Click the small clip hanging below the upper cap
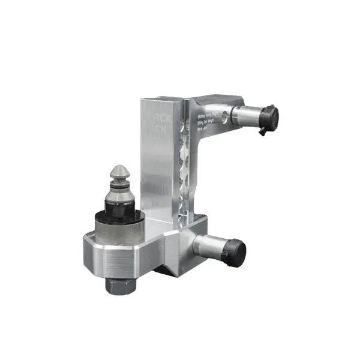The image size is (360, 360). [263, 131]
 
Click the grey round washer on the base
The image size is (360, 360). [119, 231]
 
